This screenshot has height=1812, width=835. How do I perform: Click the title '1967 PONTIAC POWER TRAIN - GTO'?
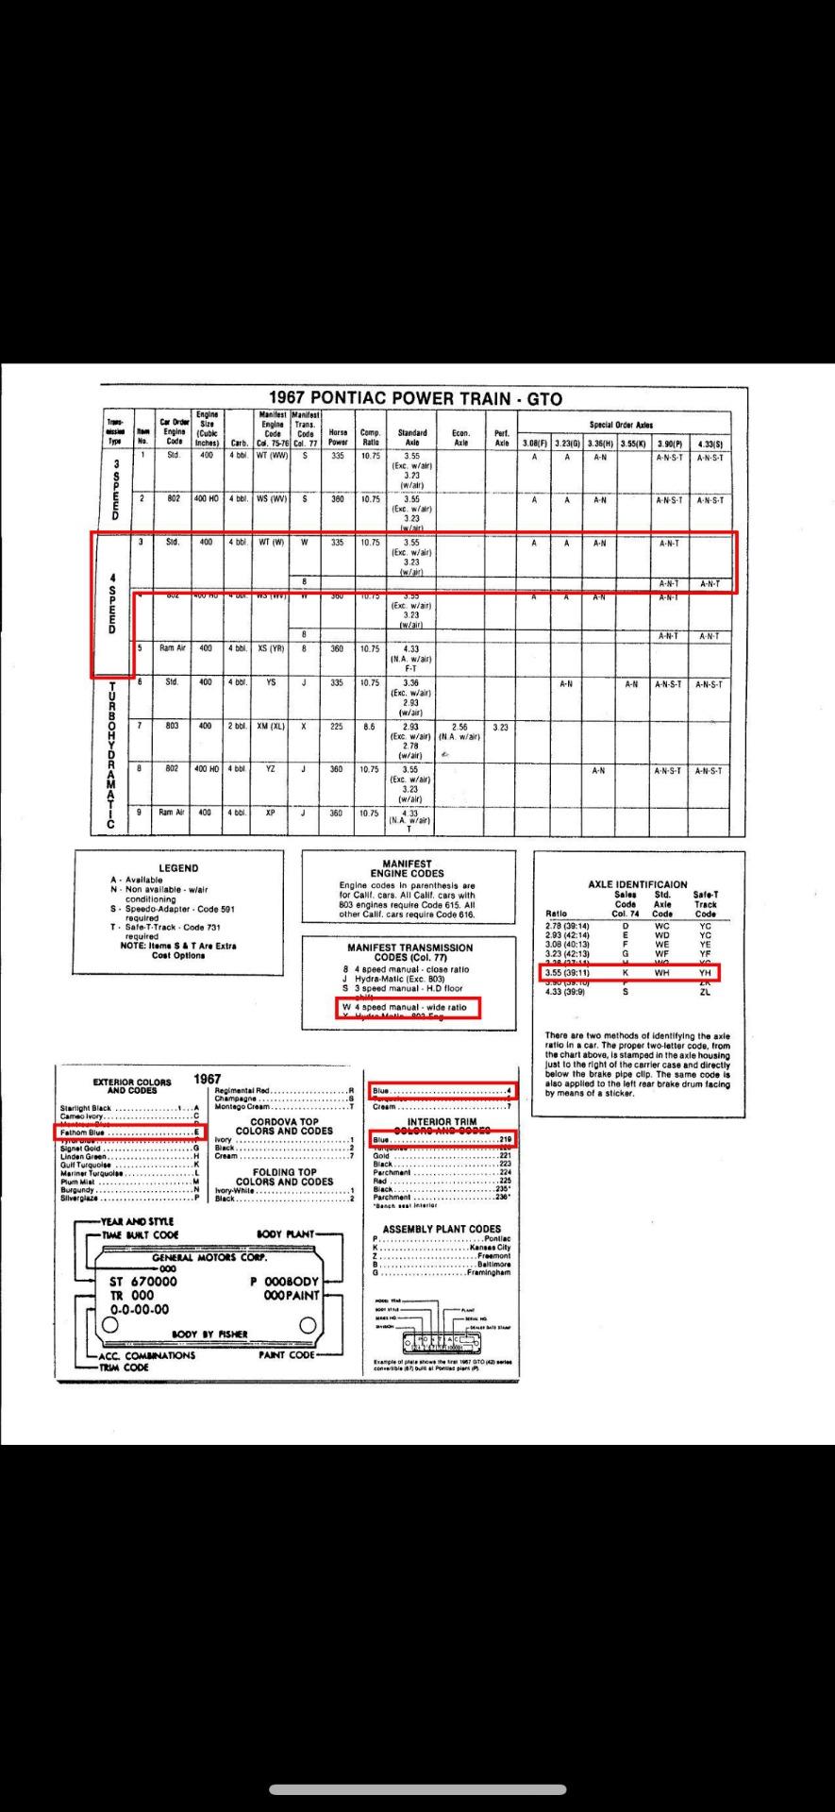click(x=415, y=398)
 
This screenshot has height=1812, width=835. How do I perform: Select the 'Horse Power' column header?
click(x=337, y=437)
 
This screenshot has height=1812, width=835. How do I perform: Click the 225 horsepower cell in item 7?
click(x=337, y=727)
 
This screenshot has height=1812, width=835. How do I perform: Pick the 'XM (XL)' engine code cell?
click(x=271, y=727)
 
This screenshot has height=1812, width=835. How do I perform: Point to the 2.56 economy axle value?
click(x=459, y=727)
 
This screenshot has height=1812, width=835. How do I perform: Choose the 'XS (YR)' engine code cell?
click(x=271, y=648)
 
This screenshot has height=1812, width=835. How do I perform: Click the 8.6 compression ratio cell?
click(x=370, y=727)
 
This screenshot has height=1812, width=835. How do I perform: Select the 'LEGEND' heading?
click(x=178, y=867)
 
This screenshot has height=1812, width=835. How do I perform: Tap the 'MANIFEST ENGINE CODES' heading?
click(x=408, y=868)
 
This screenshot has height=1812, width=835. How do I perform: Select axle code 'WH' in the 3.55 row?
click(x=661, y=972)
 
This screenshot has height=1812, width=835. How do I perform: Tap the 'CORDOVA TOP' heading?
click(x=284, y=1121)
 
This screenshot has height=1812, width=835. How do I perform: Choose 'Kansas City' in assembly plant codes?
click(x=490, y=1248)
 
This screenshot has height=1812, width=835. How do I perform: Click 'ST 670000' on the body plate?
click(x=142, y=1282)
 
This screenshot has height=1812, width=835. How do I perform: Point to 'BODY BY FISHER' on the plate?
click(x=209, y=1334)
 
